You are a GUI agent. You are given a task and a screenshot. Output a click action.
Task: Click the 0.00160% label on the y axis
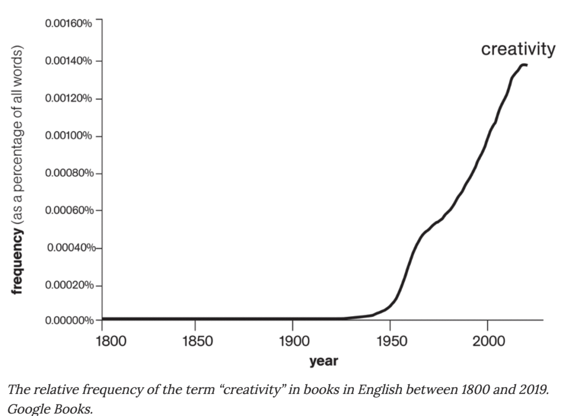point(69,23)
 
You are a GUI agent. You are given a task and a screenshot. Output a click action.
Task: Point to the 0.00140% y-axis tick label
point(69,61)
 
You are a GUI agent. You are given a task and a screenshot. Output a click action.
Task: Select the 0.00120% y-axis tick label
point(69,99)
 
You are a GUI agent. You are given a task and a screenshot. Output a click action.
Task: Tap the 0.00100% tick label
point(69,136)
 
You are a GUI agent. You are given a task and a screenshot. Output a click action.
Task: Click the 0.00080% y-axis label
point(69,173)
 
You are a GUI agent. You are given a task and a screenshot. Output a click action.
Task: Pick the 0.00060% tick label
point(69,210)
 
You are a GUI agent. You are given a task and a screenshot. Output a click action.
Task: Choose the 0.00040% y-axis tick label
point(70,248)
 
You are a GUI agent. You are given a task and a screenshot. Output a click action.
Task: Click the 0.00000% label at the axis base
point(69,321)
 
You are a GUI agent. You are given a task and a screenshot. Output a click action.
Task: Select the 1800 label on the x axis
point(111,341)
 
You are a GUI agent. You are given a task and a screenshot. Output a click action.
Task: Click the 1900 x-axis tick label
point(294,341)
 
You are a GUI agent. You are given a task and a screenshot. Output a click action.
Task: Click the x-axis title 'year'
point(323,361)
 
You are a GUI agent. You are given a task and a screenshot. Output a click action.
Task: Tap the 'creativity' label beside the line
point(518,49)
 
